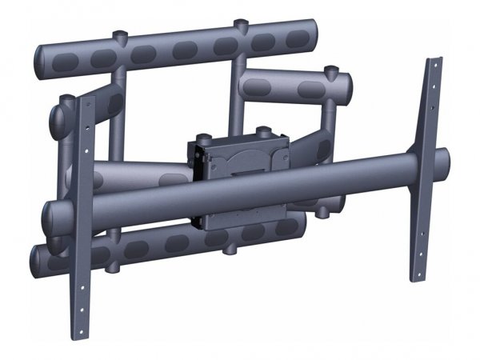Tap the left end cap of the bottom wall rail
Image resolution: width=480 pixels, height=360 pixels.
tap(38, 258)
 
